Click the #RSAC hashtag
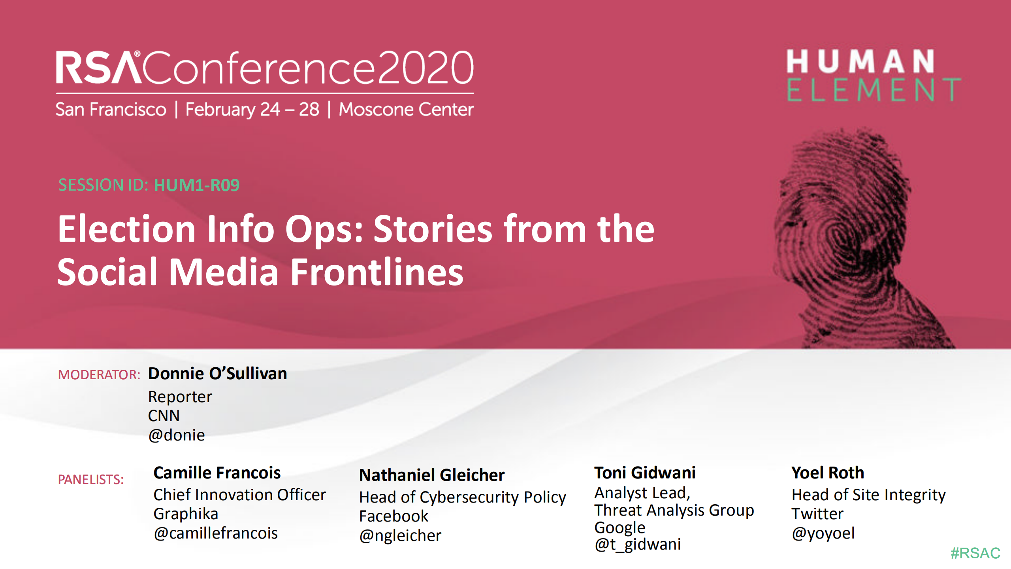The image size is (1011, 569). pyautogui.click(x=975, y=553)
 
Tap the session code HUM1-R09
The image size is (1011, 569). pyautogui.click(x=197, y=185)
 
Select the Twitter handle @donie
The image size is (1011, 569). pyautogui.click(x=176, y=435)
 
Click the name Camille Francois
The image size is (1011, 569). pyautogui.click(x=217, y=473)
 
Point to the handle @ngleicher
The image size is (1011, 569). pyautogui.click(x=400, y=535)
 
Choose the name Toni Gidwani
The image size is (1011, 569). pyautogui.click(x=645, y=473)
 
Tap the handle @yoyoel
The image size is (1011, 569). pyautogui.click(x=823, y=533)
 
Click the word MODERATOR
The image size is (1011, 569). pyautogui.click(x=99, y=374)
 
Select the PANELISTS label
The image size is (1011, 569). pyautogui.click(x=91, y=479)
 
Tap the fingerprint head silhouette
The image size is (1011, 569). pyautogui.click(x=849, y=237)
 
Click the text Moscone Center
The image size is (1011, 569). pyautogui.click(x=406, y=109)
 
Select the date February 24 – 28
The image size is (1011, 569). pyautogui.click(x=252, y=109)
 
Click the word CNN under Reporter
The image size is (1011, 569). pyautogui.click(x=164, y=416)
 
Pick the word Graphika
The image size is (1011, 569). pyautogui.click(x=186, y=514)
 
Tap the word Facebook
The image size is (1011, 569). pyautogui.click(x=393, y=516)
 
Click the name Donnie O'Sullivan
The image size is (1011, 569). pyautogui.click(x=217, y=374)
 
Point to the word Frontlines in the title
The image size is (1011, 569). pyautogui.click(x=377, y=272)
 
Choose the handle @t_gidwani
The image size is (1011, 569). pyautogui.click(x=638, y=544)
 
